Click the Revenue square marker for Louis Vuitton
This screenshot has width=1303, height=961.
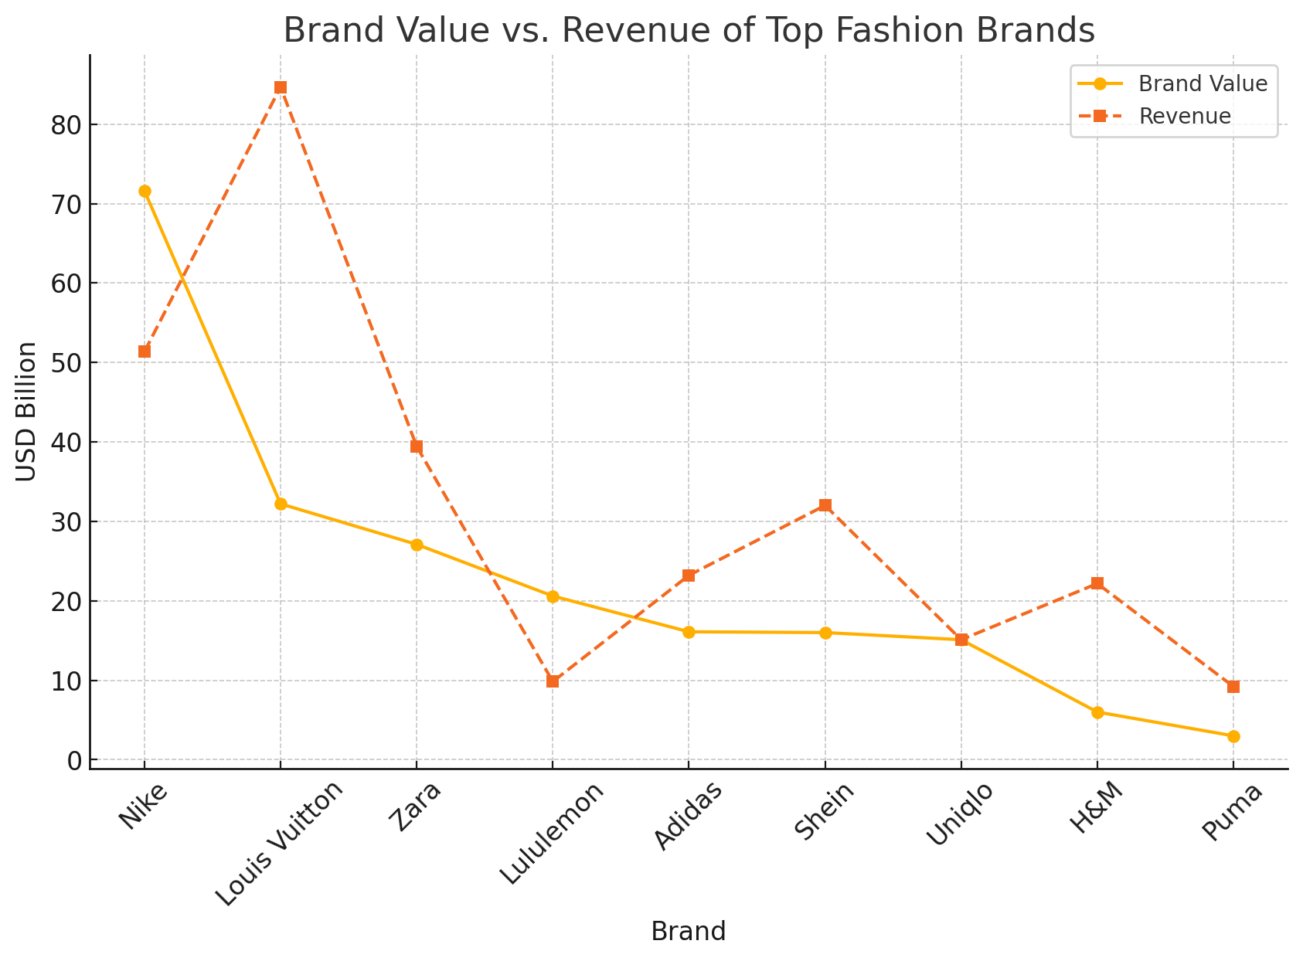[x=281, y=87]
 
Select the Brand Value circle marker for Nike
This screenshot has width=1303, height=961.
[x=145, y=192]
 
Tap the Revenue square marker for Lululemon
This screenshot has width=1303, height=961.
[x=553, y=681]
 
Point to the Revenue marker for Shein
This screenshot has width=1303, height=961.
[x=825, y=505]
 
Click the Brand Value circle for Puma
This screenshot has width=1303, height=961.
[x=1233, y=736]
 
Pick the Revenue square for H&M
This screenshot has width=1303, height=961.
[x=1097, y=583]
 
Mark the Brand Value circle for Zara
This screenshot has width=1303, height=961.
[x=417, y=545]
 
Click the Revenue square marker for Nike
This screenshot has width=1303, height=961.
[x=145, y=351]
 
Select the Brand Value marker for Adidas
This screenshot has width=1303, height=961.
[x=689, y=632]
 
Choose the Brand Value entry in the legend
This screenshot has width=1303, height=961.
[x=1203, y=84]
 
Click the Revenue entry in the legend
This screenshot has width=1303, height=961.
[x=1184, y=117]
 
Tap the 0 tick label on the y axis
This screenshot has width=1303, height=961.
[x=75, y=761]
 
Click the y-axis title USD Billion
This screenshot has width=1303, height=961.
[x=27, y=412]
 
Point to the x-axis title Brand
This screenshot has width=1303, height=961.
[x=688, y=932]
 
